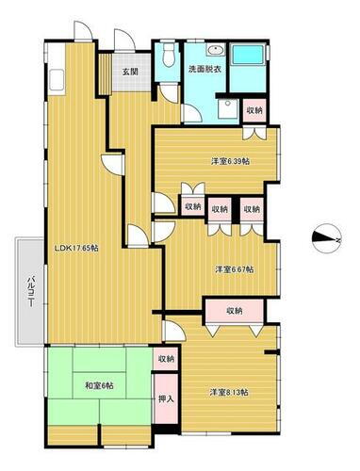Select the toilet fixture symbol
[167, 56]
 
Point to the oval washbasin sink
[213, 51]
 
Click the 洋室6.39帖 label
[230, 161]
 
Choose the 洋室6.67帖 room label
[233, 269]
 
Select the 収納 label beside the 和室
[166, 358]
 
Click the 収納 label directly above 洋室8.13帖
[235, 310]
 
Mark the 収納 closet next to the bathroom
[255, 110]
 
